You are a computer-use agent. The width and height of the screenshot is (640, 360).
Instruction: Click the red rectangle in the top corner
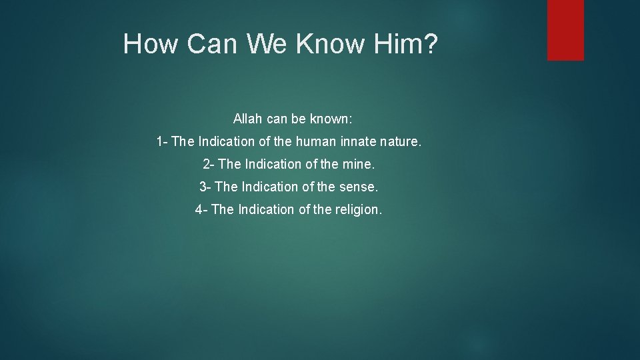point(565,30)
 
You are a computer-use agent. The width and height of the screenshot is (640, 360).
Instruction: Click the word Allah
point(248,119)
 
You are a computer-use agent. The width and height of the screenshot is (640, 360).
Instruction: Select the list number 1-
point(162,141)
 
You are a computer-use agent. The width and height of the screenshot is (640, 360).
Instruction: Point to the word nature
point(401,141)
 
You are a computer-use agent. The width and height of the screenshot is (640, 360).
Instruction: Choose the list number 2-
point(209,164)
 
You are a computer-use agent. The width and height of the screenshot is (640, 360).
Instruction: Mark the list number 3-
point(206,187)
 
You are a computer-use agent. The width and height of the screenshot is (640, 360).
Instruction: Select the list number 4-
point(202,209)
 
